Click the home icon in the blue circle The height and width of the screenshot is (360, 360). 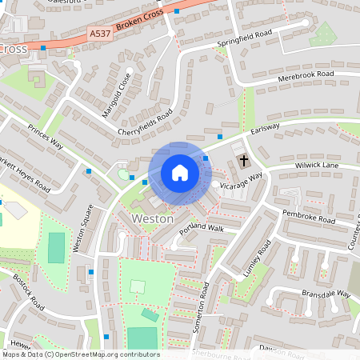coord(180,172)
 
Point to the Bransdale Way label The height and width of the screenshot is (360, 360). coord(326,294)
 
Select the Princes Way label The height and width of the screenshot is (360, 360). coord(45,138)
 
